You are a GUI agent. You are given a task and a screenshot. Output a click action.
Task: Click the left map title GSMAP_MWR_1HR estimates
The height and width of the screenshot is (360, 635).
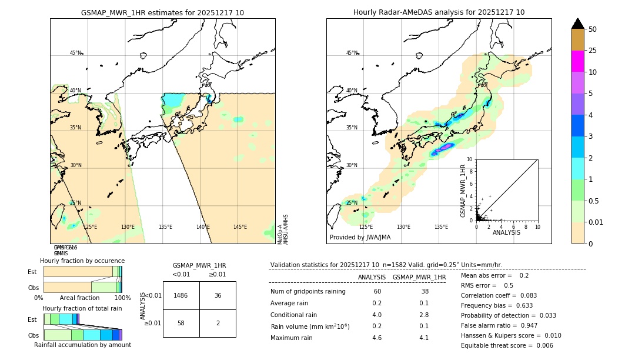(162, 12)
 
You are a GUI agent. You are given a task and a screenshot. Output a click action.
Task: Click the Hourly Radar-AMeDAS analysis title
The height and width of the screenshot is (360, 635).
(439, 12)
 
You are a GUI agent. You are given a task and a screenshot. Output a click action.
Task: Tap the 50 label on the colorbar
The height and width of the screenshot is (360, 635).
(593, 29)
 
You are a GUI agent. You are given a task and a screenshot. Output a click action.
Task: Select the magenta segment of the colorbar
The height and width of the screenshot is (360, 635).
(577, 61)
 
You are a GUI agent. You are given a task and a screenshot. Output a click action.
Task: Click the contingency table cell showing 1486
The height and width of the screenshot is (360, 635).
(181, 295)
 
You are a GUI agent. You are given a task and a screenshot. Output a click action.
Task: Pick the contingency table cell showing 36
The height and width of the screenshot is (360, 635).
(218, 295)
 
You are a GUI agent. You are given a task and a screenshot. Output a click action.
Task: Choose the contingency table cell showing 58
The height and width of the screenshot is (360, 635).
(181, 324)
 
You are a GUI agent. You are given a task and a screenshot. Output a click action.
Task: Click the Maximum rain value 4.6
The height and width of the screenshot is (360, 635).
(376, 338)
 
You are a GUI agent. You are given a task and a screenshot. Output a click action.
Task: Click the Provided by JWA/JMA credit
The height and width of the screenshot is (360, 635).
(360, 238)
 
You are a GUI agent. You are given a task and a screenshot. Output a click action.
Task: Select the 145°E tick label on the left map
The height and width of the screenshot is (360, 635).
(240, 227)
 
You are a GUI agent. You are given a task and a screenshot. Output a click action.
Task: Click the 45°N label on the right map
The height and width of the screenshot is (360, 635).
(352, 53)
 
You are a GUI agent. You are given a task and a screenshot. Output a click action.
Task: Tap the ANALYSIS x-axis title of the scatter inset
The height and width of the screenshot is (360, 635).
(506, 232)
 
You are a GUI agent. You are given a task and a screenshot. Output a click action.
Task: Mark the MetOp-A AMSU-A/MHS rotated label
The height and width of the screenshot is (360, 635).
(282, 229)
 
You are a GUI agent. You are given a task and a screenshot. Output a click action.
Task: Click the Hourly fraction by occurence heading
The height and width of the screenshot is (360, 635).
(82, 261)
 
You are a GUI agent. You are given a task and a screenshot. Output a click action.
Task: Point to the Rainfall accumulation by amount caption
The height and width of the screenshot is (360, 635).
(82, 345)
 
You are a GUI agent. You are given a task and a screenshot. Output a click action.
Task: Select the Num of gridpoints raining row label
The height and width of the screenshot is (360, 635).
(308, 292)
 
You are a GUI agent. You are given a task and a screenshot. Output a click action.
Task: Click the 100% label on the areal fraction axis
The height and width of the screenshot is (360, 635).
(122, 298)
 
